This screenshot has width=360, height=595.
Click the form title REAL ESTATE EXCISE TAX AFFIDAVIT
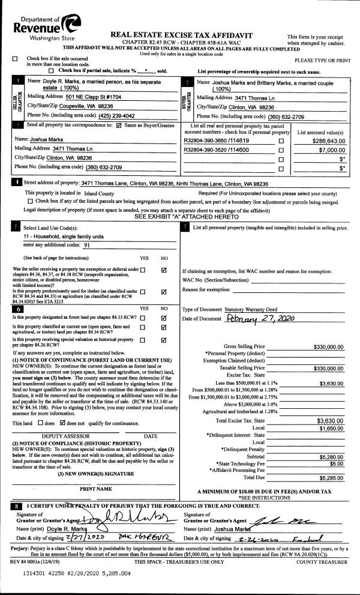pos(182,36)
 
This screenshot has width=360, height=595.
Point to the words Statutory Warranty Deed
pos(253,309)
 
